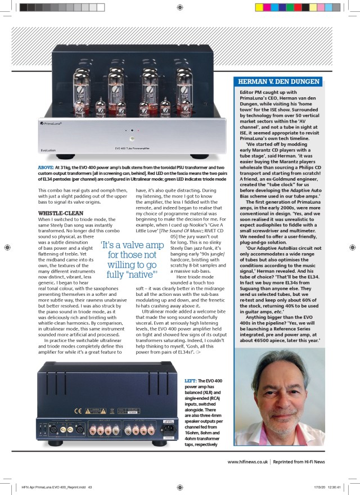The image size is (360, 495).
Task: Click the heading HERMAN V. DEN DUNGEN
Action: click(280, 82)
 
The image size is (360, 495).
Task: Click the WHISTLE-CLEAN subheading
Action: click(60, 213)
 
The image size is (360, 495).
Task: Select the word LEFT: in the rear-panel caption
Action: click(194, 381)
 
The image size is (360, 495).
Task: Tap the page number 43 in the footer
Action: click(89, 487)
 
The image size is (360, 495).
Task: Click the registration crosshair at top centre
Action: click(179, 7)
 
